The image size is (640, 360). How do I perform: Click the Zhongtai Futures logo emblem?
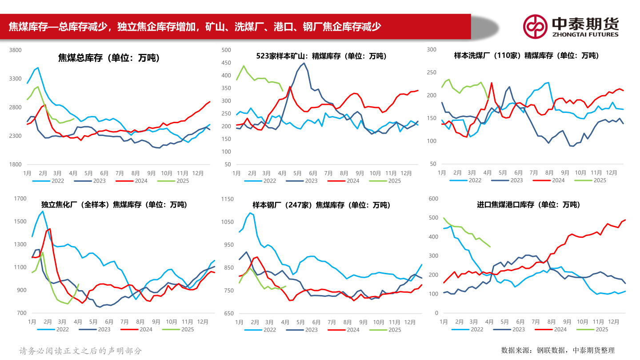click(x=535, y=27)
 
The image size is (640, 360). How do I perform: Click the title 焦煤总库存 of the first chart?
click(x=109, y=58)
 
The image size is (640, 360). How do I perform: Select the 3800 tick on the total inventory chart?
click(x=16, y=50)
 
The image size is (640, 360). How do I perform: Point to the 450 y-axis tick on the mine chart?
click(x=226, y=63)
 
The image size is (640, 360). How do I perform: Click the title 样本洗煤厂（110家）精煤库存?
click(x=526, y=56)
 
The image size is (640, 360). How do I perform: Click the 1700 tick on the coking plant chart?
click(x=20, y=199)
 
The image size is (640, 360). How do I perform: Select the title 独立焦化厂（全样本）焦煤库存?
click(x=114, y=204)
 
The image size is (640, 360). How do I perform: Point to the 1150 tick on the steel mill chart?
click(x=227, y=199)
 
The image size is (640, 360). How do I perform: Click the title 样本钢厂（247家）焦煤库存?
click(x=321, y=205)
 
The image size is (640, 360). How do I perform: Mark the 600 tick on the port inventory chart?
click(x=432, y=199)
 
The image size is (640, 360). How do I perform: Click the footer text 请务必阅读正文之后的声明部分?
click(x=80, y=351)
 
